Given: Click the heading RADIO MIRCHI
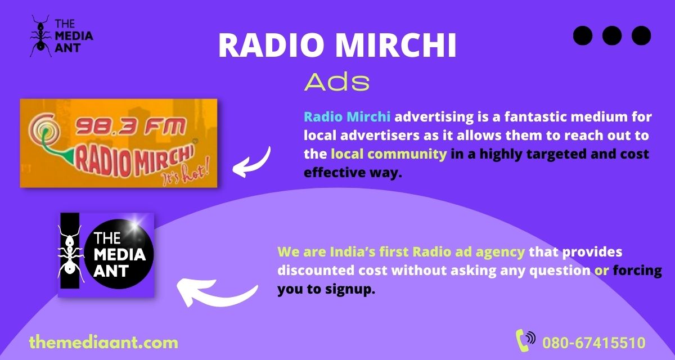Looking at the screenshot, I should (x=337, y=46).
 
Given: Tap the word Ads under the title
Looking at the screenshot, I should (x=336, y=83).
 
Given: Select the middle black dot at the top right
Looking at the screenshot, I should (x=612, y=35).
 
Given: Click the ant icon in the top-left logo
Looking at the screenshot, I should (x=40, y=36).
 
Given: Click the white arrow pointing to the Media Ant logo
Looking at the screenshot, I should (x=217, y=290).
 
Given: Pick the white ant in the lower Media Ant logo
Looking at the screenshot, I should (x=70, y=254).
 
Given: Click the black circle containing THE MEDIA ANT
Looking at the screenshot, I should (x=118, y=254).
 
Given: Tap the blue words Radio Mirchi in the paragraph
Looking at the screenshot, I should (x=347, y=117).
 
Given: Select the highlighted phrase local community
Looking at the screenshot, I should (x=389, y=154).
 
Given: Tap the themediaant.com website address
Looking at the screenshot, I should (x=103, y=342).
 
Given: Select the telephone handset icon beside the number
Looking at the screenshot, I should (x=525, y=340).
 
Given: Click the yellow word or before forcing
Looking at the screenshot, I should (x=602, y=270).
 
